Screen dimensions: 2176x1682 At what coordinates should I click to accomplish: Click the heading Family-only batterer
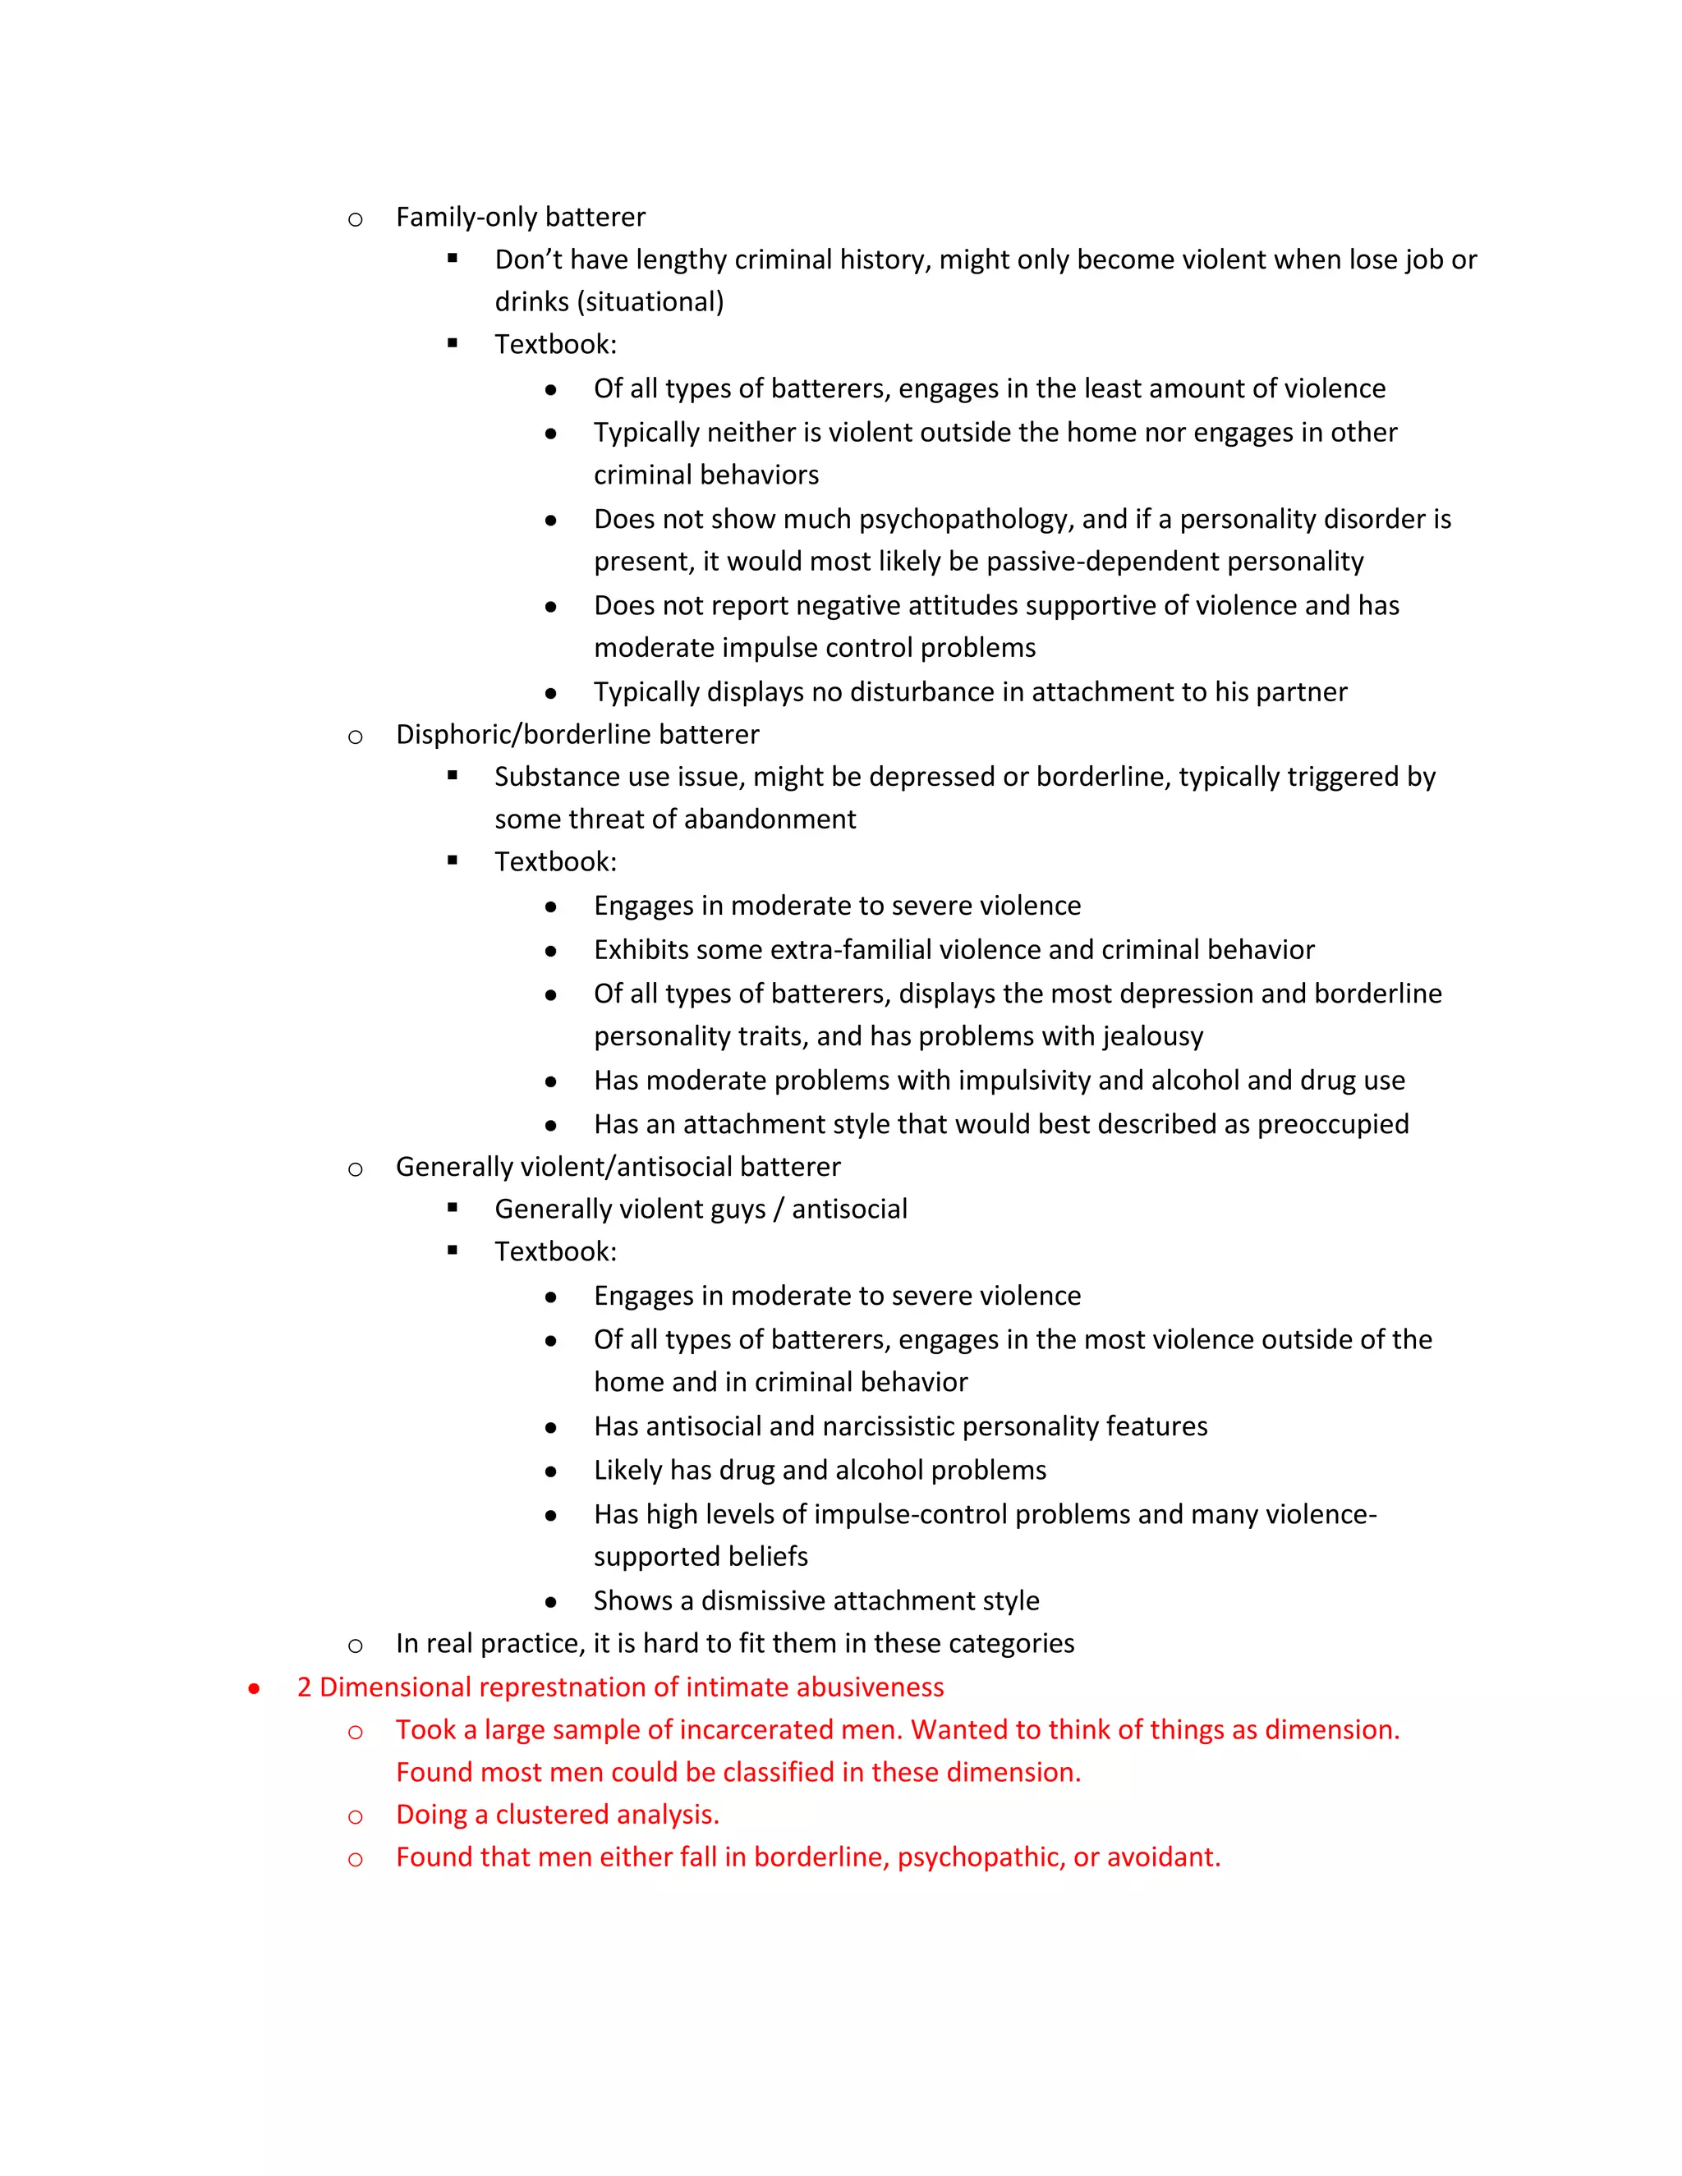pyautogui.click(x=520, y=218)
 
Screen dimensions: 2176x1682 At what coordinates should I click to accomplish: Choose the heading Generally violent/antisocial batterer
pyautogui.click(x=618, y=1167)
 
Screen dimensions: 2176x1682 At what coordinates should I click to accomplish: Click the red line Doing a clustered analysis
pyautogui.click(x=557, y=1816)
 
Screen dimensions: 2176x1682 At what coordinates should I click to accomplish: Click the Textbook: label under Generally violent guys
pyautogui.click(x=555, y=1252)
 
